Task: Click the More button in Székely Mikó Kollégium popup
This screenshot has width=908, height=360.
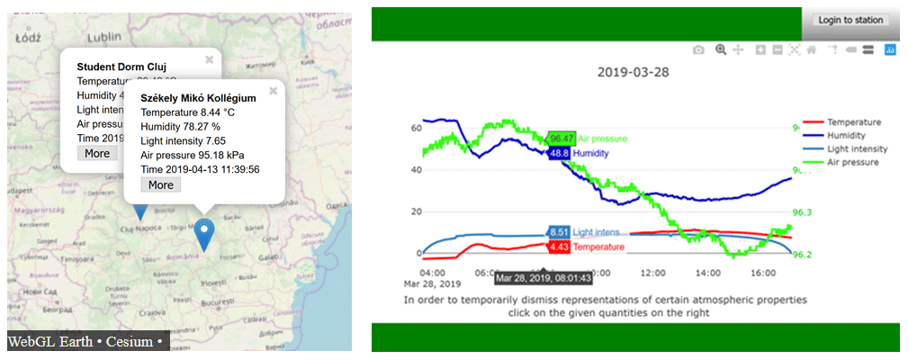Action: pos(161,184)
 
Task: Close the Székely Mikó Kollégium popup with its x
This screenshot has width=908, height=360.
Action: pos(273,91)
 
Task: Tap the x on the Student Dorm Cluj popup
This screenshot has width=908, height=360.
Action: pos(209,59)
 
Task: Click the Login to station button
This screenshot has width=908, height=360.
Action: pos(851,20)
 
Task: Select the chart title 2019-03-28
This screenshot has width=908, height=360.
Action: pos(634,71)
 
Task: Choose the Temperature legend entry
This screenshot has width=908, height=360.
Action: pos(853,121)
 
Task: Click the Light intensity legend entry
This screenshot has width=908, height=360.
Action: pos(857,148)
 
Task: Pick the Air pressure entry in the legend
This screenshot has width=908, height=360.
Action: pos(852,162)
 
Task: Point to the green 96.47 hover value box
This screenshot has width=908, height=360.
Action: pos(562,138)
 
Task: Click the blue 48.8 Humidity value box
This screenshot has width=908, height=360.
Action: pos(559,153)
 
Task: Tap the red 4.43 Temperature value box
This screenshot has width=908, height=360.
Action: pos(558,246)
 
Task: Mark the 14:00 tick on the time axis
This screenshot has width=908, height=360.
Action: pos(707,272)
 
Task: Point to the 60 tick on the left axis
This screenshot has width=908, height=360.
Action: pos(416,128)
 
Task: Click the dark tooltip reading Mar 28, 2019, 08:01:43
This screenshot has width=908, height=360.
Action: pos(542,278)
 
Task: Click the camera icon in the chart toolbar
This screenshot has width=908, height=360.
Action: pos(698,50)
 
